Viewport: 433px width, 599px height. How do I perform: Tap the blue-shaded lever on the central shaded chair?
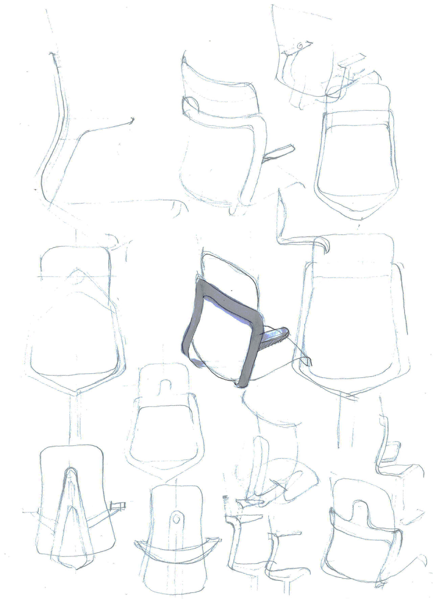click(x=274, y=336)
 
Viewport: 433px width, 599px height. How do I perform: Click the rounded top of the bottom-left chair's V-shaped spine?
click(x=70, y=472)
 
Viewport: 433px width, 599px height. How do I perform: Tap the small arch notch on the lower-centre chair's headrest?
click(x=164, y=384)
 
